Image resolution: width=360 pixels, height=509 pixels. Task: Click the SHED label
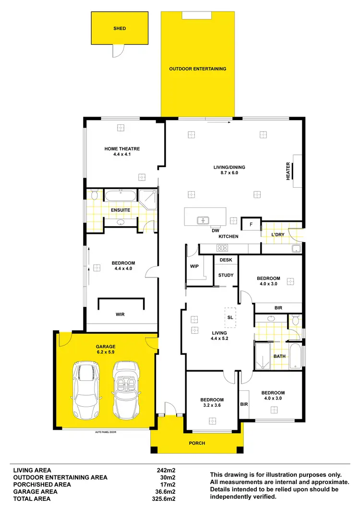tap(120, 28)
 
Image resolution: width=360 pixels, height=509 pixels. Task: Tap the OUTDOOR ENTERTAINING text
tap(197, 69)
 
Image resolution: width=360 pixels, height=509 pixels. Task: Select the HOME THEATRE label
tap(122, 149)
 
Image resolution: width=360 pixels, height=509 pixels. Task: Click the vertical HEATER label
tap(288, 171)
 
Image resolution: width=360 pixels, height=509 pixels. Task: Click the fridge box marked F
tap(250, 224)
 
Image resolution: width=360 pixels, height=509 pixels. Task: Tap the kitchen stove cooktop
tap(223, 248)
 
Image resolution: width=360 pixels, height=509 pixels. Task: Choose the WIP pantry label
tap(194, 266)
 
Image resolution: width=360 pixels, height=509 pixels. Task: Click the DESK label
tap(226, 260)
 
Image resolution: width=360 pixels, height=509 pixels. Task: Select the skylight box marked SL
tap(230, 316)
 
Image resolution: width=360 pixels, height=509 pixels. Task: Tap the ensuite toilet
tap(94, 194)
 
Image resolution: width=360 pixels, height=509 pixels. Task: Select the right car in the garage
tap(126, 390)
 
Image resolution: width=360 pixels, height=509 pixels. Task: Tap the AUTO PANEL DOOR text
tap(106, 432)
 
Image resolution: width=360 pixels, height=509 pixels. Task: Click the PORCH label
tap(197, 443)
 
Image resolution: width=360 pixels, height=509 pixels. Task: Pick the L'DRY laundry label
tap(278, 234)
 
